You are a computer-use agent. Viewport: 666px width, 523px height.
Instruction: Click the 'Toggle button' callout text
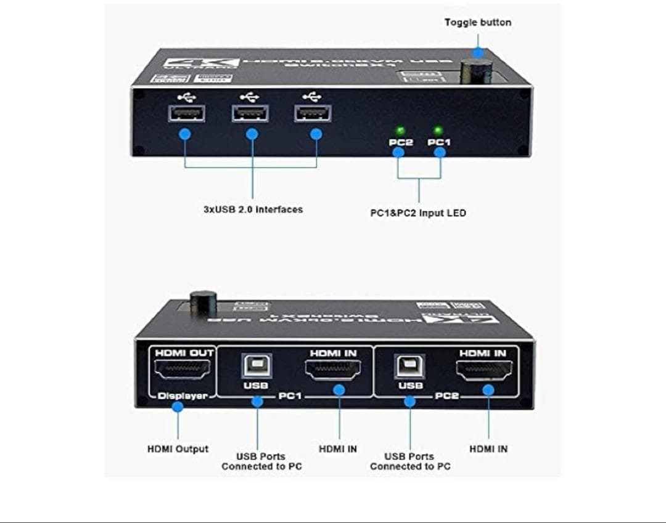point(477,23)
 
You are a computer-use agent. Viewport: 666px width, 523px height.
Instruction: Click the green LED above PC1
point(438,131)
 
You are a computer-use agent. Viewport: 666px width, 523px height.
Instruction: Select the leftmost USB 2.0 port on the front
point(186,114)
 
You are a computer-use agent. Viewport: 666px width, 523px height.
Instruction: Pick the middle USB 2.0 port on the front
point(251,114)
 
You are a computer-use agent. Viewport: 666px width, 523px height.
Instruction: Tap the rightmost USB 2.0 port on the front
point(313,114)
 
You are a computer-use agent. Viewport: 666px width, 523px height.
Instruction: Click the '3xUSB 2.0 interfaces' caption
point(253,209)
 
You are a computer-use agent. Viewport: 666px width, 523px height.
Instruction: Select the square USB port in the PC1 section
point(256,367)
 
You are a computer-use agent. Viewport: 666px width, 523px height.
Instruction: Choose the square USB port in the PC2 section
point(410,367)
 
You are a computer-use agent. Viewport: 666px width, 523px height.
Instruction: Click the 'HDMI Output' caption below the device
point(178,449)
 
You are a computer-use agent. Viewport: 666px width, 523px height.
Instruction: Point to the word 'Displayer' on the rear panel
point(182,396)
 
